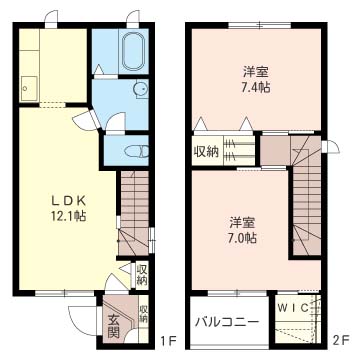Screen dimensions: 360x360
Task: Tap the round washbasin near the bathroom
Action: [x=140, y=89]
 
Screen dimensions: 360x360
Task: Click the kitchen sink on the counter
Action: [x=27, y=86]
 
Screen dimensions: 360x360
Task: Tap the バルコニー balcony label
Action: [x=226, y=323]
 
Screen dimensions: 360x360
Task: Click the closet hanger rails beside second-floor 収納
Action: [x=239, y=152]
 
